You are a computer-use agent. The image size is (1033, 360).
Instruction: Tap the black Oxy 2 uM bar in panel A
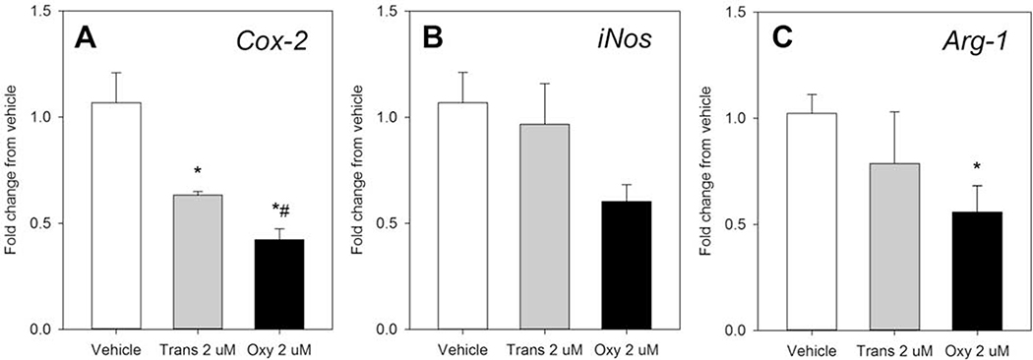(281, 284)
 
